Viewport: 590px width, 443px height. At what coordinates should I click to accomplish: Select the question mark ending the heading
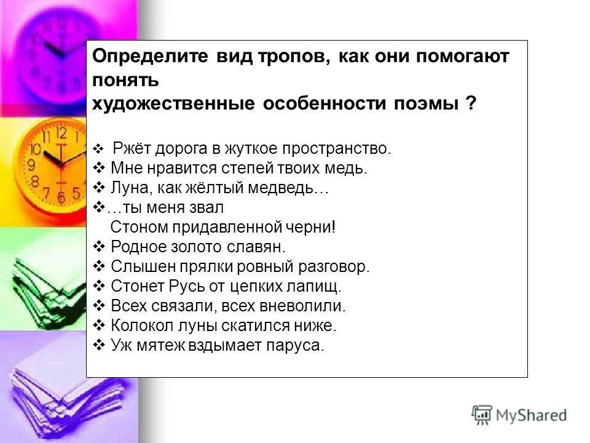(470, 103)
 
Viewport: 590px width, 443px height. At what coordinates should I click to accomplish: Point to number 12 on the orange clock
(61, 132)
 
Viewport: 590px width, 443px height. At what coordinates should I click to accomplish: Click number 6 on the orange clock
(61, 197)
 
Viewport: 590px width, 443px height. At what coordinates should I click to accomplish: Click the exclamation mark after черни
(333, 228)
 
